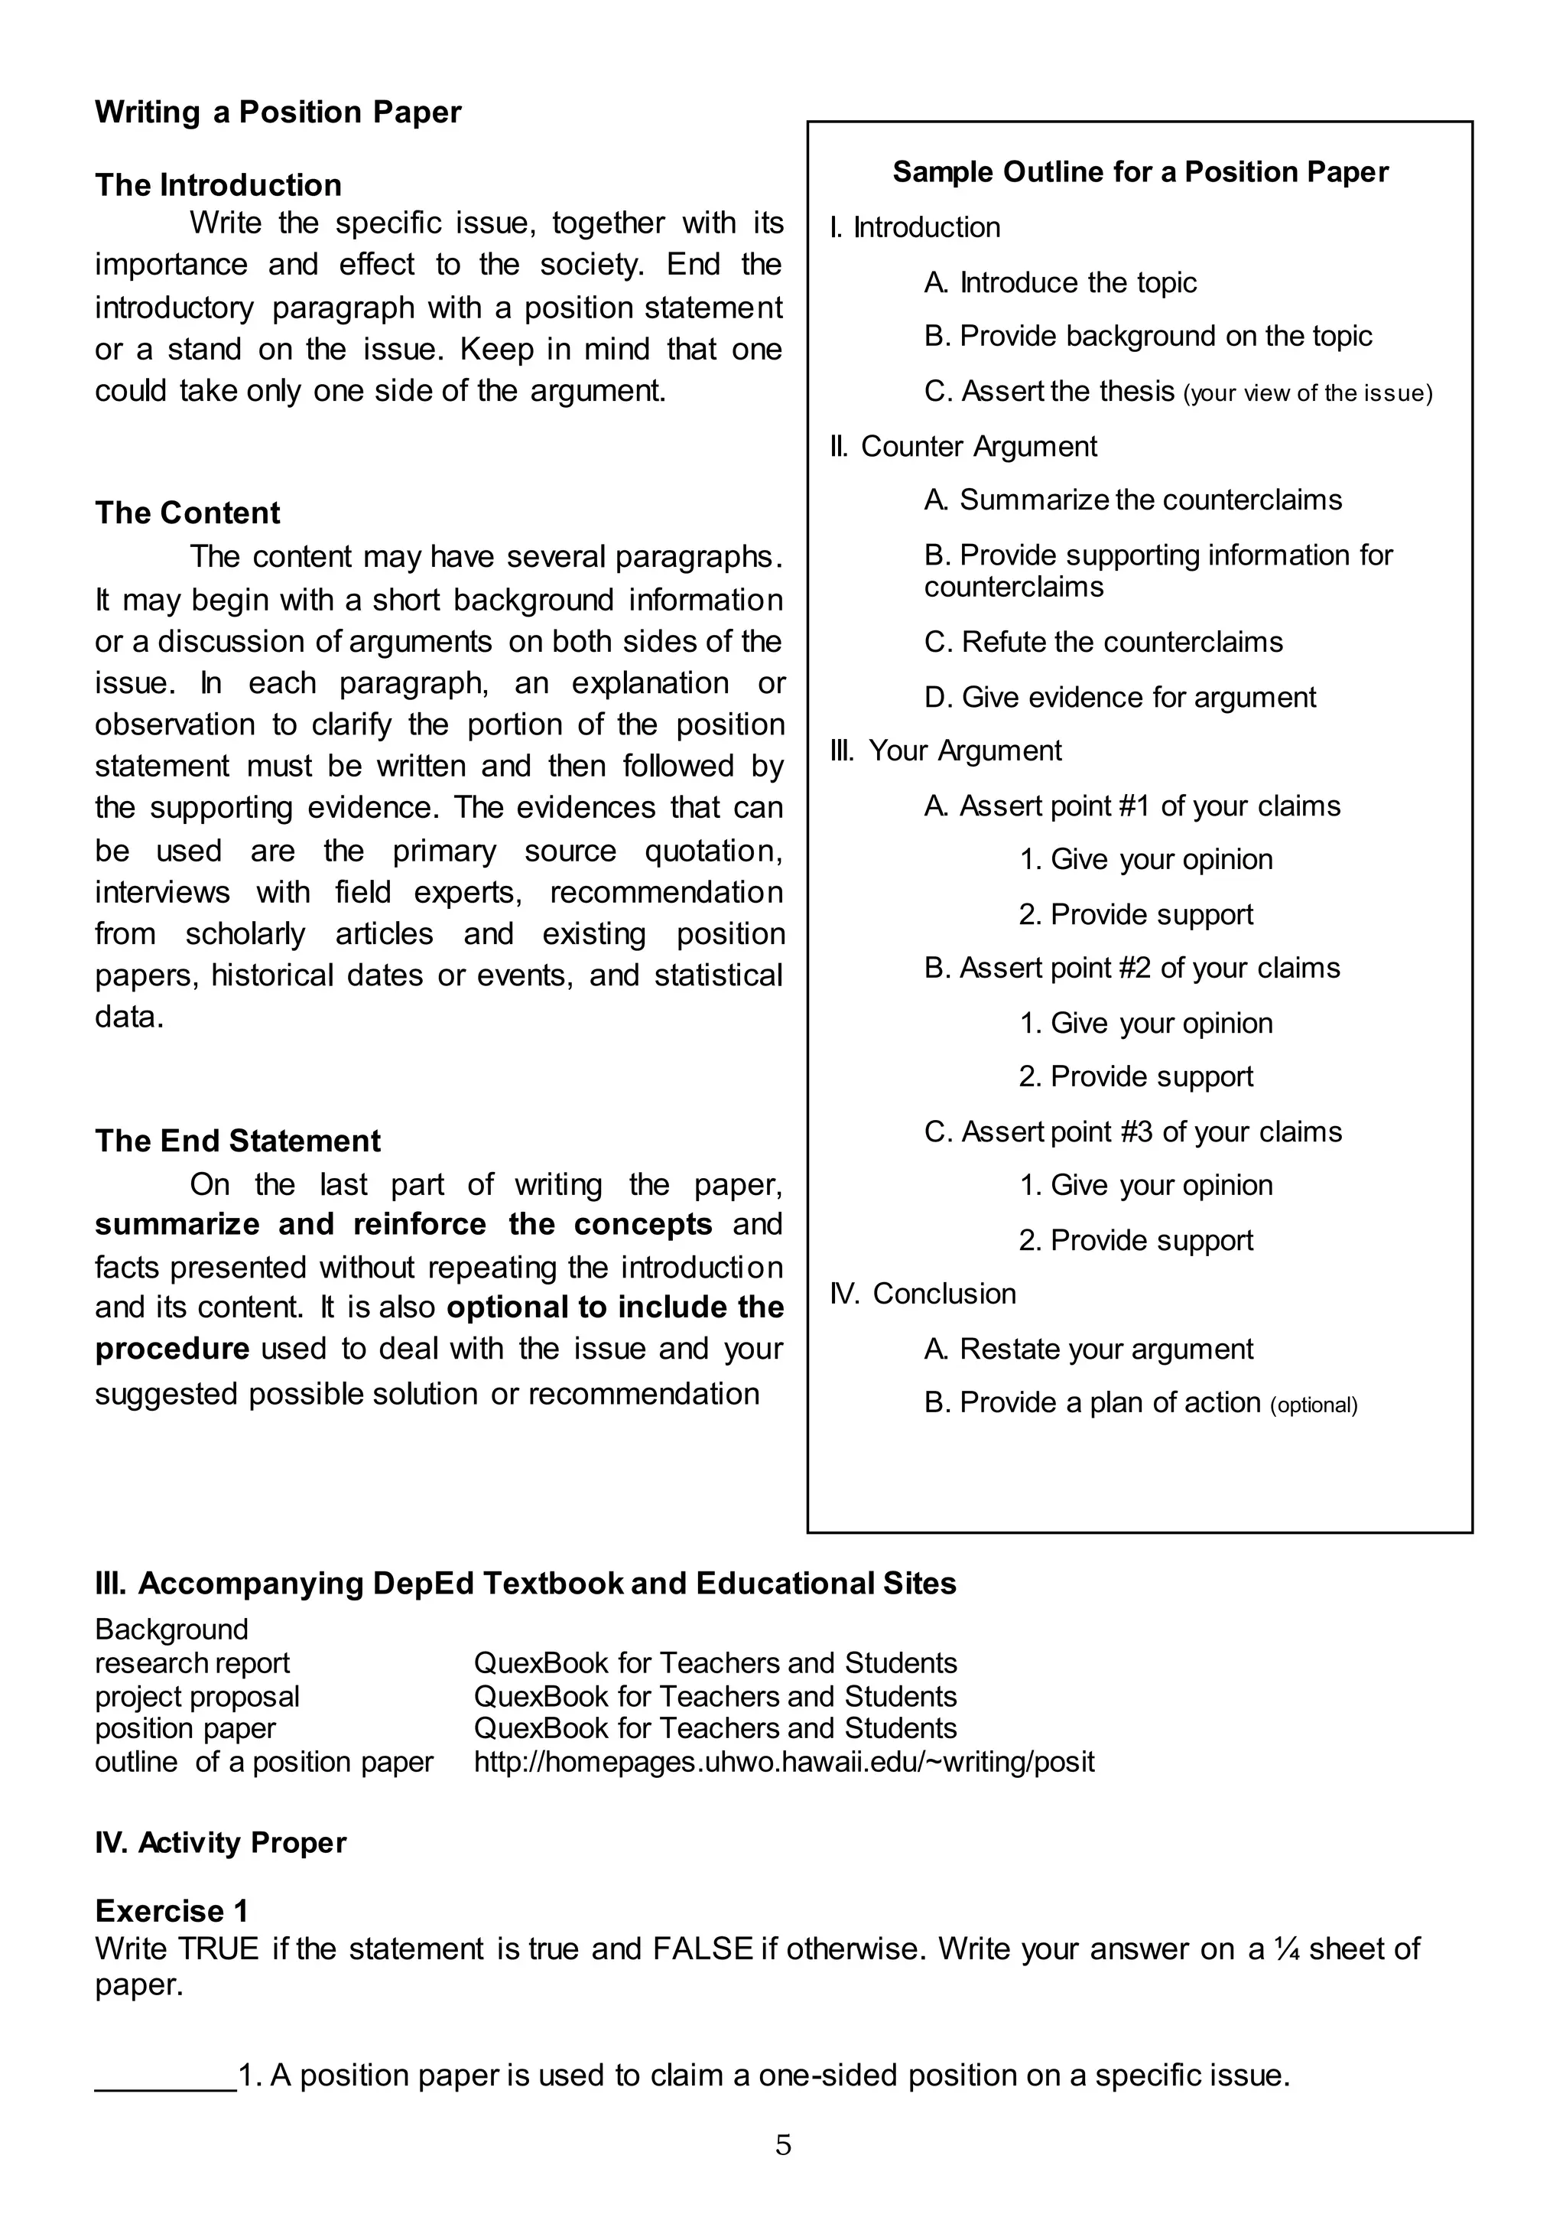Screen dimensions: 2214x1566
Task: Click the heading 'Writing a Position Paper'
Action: pyautogui.click(x=278, y=113)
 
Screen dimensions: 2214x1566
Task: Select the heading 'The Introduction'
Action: pyautogui.click(x=218, y=185)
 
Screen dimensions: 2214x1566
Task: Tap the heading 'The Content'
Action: pyautogui.click(x=187, y=513)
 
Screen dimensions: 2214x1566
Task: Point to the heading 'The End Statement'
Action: pyautogui.click(x=237, y=1141)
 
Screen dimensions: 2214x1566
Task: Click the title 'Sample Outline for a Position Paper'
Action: pyautogui.click(x=1140, y=171)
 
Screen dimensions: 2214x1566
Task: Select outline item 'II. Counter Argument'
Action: pyautogui.click(x=963, y=447)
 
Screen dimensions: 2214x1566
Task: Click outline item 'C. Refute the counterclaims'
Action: pyautogui.click(x=1103, y=643)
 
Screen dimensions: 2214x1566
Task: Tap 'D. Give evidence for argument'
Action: pyautogui.click(x=1119, y=698)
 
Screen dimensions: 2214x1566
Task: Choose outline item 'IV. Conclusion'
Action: pyautogui.click(x=923, y=1294)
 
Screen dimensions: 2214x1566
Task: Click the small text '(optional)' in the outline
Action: pyautogui.click(x=1314, y=1405)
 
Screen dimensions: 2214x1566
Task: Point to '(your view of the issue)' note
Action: pyautogui.click(x=1308, y=393)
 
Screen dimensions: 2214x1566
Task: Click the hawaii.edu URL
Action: pyautogui.click(x=784, y=1763)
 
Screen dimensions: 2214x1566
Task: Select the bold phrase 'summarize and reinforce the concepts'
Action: pyautogui.click(x=403, y=1224)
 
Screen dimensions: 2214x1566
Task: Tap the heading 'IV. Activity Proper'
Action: pyautogui.click(x=220, y=1843)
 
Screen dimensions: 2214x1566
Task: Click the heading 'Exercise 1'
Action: pyautogui.click(x=171, y=1911)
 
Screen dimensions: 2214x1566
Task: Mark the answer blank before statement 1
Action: pyautogui.click(x=165, y=2076)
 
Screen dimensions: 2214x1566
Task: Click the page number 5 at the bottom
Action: pyautogui.click(x=783, y=2145)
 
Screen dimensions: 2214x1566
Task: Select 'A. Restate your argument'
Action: pyautogui.click(x=1088, y=1350)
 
